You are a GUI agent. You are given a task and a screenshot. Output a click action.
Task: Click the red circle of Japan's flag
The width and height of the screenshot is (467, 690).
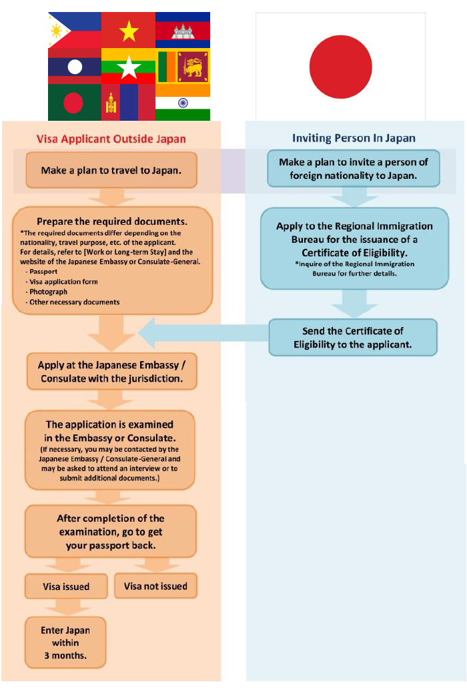341,67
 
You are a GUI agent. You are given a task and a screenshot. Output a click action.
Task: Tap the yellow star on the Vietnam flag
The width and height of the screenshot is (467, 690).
128,31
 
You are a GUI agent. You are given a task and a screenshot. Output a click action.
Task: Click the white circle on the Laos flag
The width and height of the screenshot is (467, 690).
75,67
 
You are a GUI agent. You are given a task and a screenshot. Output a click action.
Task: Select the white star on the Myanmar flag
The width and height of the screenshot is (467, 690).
128,67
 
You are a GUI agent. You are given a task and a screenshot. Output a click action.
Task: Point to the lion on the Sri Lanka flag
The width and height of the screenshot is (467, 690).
193,67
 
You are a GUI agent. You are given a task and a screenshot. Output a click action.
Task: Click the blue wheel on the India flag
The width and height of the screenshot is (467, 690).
183,103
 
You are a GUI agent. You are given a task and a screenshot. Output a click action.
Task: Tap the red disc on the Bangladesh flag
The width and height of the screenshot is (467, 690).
73,103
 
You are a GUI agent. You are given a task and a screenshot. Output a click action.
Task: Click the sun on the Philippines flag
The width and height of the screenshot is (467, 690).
57,31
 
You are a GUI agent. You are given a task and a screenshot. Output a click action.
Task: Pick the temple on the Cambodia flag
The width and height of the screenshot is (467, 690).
183,32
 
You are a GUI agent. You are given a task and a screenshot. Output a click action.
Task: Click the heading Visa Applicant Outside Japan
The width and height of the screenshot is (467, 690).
111,139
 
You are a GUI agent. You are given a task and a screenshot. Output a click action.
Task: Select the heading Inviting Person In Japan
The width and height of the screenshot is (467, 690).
354,138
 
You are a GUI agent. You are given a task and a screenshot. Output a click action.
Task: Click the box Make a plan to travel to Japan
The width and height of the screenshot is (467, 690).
111,170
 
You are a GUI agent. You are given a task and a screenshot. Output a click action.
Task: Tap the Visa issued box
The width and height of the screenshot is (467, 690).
66,586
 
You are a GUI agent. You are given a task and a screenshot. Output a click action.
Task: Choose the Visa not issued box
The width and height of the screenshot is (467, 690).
155,586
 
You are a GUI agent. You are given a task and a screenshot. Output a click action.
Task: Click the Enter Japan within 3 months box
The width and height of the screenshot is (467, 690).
65,643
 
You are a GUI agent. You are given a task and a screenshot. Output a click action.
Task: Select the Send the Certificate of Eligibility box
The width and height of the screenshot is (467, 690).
353,337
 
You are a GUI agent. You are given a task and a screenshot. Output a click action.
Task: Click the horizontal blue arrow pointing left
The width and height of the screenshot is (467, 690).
203,334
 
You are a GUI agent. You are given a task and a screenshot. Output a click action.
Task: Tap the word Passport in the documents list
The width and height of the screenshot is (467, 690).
43,272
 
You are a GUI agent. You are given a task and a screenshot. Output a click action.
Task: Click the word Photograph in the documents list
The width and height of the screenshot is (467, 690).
49,292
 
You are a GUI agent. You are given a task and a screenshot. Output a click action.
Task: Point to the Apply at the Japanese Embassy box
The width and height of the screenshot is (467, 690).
111,372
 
